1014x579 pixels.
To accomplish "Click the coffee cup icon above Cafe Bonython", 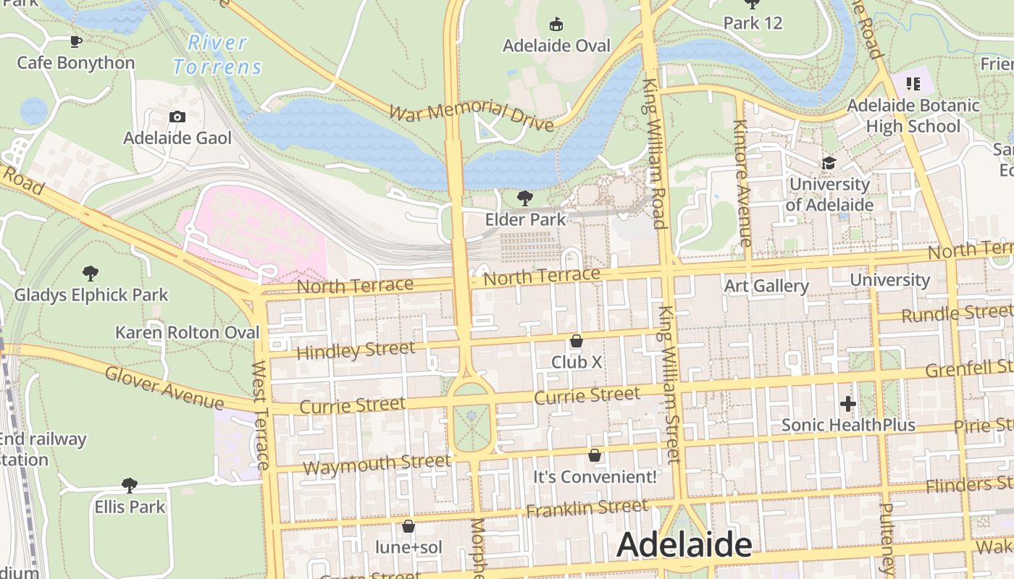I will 75,41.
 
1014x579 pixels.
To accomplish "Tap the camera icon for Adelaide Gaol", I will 177,117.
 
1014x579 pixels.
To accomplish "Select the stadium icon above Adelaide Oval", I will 556,25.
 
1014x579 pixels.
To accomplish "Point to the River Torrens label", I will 217,55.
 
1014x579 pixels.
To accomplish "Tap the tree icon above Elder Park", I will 525,198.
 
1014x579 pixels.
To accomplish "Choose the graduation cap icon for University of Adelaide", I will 829,164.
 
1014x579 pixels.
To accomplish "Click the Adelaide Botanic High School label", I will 913,116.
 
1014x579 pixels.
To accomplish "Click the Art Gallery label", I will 766,286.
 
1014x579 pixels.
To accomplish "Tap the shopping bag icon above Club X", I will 577,340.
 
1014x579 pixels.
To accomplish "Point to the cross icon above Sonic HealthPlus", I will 848,404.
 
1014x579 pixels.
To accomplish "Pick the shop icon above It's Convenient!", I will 595,455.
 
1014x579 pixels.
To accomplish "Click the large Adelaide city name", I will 684,546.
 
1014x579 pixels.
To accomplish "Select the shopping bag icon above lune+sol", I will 408,526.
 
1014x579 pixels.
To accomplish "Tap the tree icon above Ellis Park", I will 130,485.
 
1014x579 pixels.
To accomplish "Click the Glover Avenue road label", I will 164,388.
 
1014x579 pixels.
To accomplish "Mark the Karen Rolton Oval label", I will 187,333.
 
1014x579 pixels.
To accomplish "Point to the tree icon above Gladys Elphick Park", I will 91,274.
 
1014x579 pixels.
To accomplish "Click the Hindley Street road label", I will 356,350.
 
